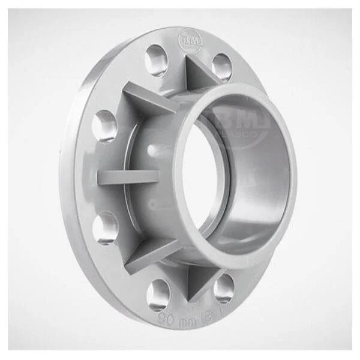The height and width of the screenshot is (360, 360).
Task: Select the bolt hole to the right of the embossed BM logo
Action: tap(221, 66)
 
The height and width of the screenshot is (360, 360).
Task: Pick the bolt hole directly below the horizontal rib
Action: tap(105, 227)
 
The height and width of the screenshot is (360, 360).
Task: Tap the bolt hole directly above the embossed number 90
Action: tap(158, 293)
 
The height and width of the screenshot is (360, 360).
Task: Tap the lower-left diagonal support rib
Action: tap(150, 252)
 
